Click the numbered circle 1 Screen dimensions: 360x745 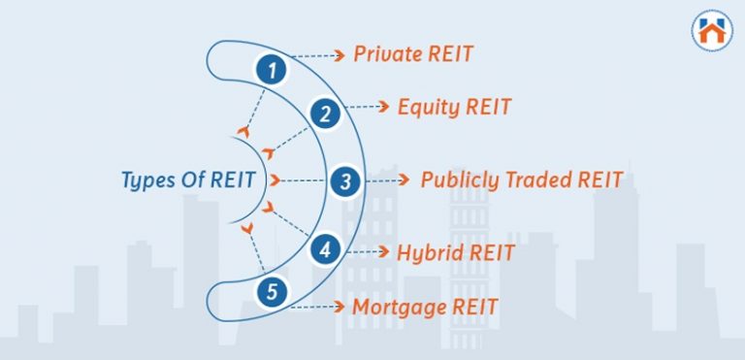pos(274,71)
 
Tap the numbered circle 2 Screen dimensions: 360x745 pos(326,115)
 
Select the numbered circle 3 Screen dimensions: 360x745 pos(345,180)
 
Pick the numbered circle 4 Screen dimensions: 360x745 pos(326,249)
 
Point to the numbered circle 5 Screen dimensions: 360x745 pos(274,290)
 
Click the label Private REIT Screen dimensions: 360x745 pos(412,53)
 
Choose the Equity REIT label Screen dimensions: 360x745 pos(454,107)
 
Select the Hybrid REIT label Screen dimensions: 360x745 pos(455,253)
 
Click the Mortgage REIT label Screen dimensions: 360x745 pos(425,308)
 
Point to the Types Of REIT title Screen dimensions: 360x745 pos(188,180)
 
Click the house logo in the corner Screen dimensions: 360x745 pos(712,31)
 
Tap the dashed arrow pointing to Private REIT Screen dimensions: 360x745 pos(318,54)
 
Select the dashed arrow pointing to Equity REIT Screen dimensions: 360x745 pos(368,107)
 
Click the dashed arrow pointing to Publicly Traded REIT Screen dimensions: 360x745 pos(388,180)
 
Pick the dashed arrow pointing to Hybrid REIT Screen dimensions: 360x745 pos(369,253)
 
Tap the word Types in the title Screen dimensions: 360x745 pos(147,181)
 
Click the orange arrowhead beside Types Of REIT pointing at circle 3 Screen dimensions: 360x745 pos(275,180)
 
